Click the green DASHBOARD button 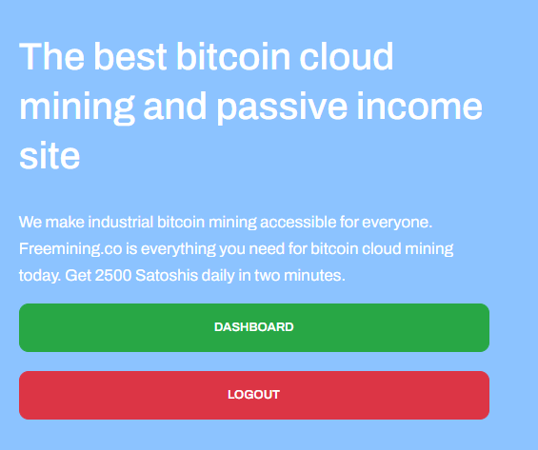click(x=254, y=327)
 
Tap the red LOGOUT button click(x=254, y=395)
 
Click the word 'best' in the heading click(x=130, y=56)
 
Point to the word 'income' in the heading click(x=420, y=106)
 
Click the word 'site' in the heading click(x=50, y=155)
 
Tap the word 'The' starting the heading click(x=51, y=56)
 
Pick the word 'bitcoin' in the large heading click(x=233, y=56)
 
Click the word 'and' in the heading click(x=174, y=106)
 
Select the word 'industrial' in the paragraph click(x=120, y=222)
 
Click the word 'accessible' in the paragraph click(x=298, y=222)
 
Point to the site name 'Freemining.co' click(x=70, y=249)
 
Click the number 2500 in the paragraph click(x=113, y=275)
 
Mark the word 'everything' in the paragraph click(x=178, y=249)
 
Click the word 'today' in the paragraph click(x=40, y=276)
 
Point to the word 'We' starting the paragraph click(x=30, y=222)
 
